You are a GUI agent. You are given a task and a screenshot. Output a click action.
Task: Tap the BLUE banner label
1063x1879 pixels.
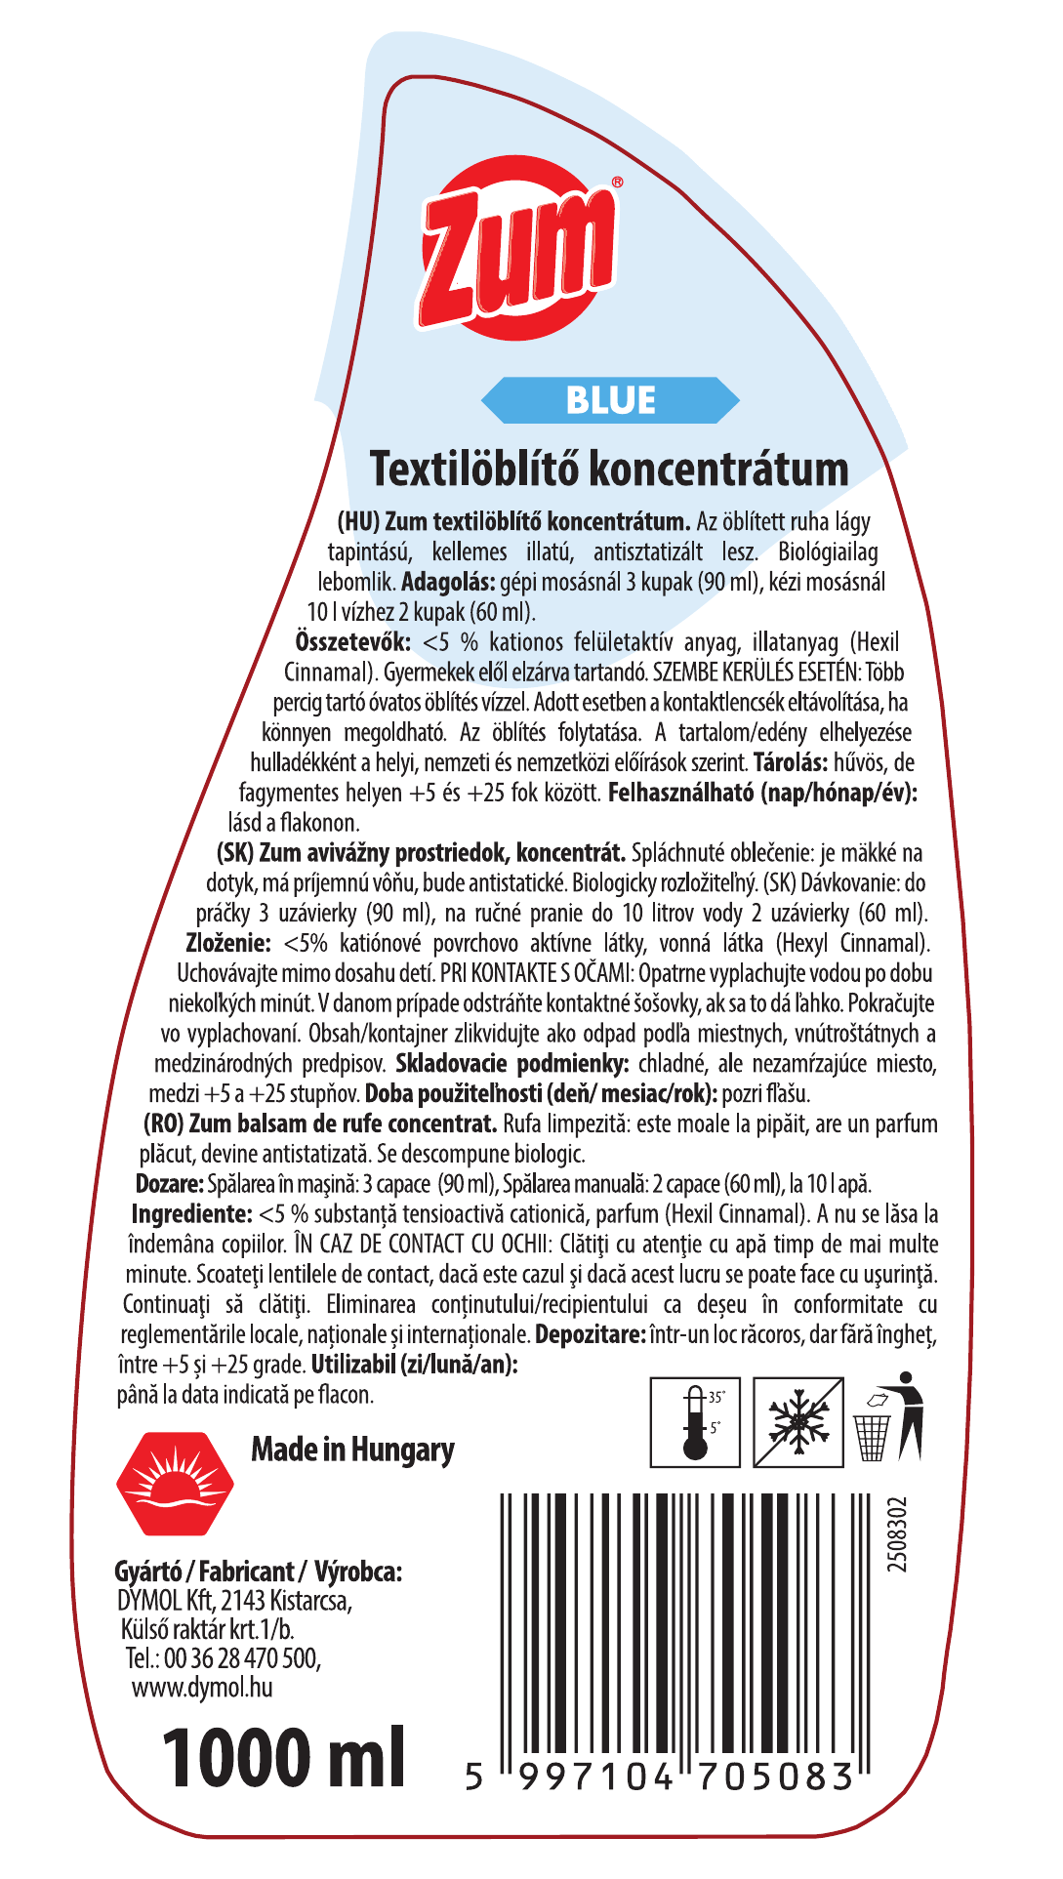(x=610, y=400)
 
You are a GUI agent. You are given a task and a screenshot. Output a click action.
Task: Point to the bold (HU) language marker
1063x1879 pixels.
(x=358, y=522)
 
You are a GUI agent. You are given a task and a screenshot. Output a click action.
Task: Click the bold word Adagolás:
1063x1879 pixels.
(x=448, y=583)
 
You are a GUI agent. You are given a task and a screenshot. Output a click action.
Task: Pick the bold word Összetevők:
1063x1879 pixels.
(x=352, y=642)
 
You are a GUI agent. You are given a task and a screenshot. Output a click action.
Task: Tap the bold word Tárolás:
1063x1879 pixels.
(x=791, y=762)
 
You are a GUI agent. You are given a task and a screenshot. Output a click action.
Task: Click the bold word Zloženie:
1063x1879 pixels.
(x=227, y=943)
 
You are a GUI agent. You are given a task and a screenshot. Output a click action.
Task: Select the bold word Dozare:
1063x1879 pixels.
(x=169, y=1184)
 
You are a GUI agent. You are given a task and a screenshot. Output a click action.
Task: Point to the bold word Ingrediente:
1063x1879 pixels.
(x=191, y=1214)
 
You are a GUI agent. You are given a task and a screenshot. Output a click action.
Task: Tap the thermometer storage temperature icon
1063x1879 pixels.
(x=696, y=1422)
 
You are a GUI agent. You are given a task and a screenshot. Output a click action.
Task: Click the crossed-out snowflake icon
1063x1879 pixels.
(x=798, y=1422)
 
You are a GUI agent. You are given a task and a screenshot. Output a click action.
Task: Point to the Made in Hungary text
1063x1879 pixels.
(x=352, y=1450)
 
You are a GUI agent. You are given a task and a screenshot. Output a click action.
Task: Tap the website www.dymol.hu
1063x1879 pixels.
(x=202, y=1688)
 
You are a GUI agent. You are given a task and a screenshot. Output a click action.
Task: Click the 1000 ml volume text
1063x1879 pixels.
(x=283, y=1760)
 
